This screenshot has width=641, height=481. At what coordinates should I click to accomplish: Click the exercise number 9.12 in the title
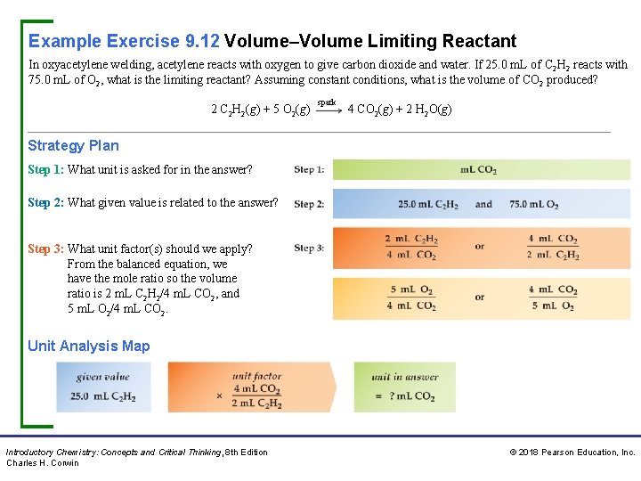(202, 41)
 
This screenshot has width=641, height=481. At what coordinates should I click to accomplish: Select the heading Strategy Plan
(73, 146)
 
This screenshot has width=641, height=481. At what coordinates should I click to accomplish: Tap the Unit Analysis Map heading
(89, 346)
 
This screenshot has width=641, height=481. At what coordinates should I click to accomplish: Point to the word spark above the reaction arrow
(327, 102)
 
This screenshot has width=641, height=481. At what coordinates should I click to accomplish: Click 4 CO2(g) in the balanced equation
(371, 110)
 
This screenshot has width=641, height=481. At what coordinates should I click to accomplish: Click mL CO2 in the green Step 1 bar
(478, 170)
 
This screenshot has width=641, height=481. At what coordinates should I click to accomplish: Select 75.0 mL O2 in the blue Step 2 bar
(534, 204)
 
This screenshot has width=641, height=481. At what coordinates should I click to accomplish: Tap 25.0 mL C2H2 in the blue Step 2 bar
(428, 204)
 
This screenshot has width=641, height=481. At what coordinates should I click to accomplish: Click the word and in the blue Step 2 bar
(483, 204)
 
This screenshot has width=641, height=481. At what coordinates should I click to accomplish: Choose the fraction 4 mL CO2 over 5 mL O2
(553, 298)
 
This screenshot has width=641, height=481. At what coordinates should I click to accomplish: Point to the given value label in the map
(102, 377)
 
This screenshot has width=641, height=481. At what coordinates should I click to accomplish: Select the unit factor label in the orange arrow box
(256, 376)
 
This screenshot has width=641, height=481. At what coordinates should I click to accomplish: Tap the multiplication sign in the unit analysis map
(219, 395)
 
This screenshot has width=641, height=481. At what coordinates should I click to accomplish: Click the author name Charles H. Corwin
(43, 463)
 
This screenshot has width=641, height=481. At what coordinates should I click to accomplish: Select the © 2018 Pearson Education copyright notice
(572, 452)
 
